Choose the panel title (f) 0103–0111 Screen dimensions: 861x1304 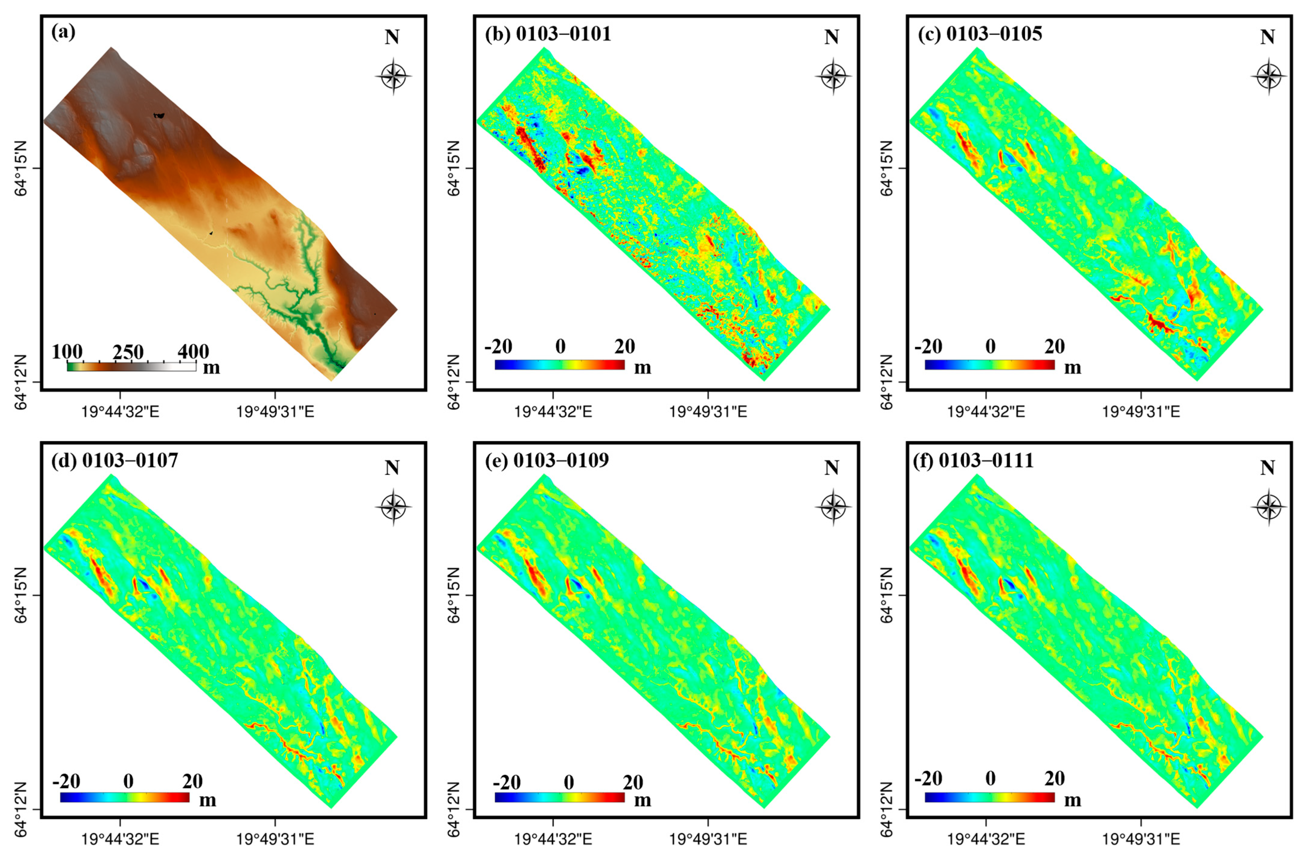[973, 460]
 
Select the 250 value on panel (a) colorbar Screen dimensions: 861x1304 [128, 352]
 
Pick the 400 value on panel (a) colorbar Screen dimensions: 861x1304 [193, 352]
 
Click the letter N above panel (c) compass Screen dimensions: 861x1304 [1267, 37]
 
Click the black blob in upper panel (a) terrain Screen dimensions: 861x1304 [159, 115]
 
